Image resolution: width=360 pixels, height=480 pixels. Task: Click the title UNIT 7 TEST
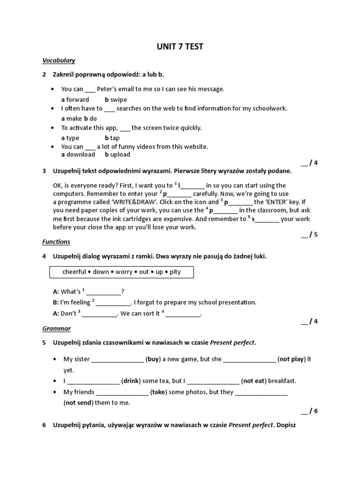[180, 46]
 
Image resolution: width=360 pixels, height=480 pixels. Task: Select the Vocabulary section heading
[59, 60]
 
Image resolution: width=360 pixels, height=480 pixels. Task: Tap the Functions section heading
[56, 242]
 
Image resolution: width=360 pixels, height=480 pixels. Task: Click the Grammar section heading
[56, 329]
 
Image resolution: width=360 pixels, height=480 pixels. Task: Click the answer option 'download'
[81, 154]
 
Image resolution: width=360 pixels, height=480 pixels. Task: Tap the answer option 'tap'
[115, 138]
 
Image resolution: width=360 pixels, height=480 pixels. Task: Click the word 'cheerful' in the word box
[75, 272]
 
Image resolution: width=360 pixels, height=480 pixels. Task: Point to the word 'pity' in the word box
[175, 272]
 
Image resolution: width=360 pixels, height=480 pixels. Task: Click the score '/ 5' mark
[310, 234]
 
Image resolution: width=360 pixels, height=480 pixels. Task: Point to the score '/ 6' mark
[310, 411]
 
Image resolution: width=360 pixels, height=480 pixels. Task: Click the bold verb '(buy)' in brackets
[153, 360]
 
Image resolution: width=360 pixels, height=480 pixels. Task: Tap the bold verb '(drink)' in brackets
[131, 381]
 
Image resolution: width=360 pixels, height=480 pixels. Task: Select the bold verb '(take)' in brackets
[158, 392]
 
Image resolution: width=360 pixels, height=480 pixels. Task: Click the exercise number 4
[44, 256]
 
